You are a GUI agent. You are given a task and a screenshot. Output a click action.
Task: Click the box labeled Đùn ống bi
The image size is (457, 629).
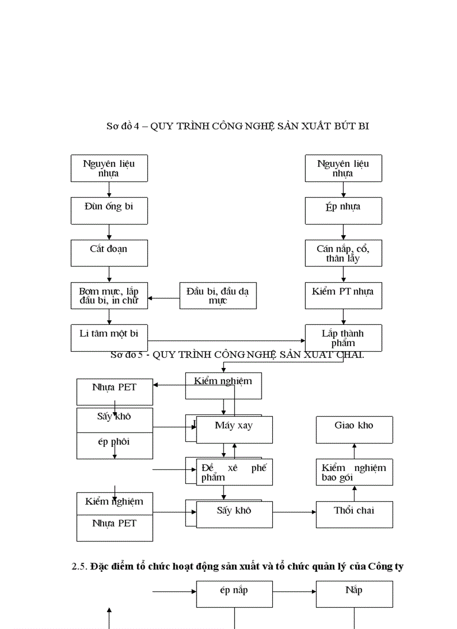coord(109,210)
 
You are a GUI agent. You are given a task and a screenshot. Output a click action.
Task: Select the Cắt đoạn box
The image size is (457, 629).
coord(109,253)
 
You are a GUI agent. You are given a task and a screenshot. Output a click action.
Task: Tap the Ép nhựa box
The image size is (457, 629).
coord(343,210)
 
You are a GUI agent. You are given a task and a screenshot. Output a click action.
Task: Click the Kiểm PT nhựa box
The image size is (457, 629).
coord(343,295)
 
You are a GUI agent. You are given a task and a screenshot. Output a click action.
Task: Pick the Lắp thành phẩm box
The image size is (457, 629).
coord(343,338)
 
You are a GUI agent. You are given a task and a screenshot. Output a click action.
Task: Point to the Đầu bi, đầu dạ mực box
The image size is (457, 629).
coord(218,295)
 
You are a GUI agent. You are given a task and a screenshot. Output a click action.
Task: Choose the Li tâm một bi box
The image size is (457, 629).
coord(109,337)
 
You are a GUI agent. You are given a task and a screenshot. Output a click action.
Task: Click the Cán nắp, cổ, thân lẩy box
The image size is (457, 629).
coord(343,253)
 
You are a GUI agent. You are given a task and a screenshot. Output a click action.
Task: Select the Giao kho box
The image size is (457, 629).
coord(354,430)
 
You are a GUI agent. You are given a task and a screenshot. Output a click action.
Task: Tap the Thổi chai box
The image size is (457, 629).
coord(354,514)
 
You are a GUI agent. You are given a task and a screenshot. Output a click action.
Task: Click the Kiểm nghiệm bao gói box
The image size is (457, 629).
coord(354,472)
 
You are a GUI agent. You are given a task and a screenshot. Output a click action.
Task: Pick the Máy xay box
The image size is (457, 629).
coord(234,430)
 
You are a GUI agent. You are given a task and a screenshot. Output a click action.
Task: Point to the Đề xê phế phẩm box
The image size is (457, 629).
coord(234,472)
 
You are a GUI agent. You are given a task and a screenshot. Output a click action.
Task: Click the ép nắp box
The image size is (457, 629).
coord(234,594)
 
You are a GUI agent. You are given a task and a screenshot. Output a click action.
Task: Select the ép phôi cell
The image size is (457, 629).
coord(114,446)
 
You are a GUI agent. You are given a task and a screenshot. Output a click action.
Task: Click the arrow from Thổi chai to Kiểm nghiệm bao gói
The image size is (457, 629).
coord(354,493)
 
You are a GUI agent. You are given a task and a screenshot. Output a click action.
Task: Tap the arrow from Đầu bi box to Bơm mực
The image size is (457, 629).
coord(163,298)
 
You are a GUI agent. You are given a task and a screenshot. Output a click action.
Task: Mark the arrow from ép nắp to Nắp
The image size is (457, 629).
coord(294,591)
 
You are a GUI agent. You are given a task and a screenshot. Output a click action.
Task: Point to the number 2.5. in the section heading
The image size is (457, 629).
coord(80,566)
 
